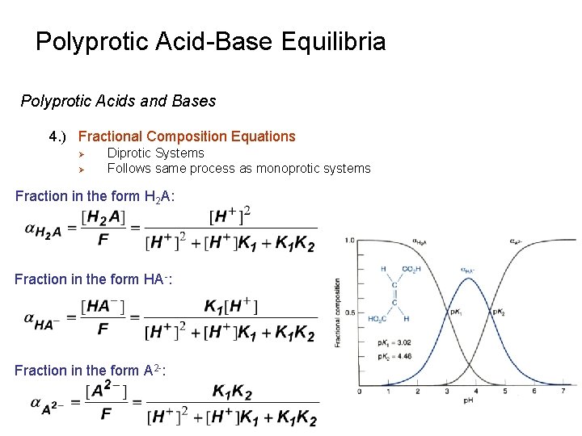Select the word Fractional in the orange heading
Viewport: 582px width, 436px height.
click(x=110, y=136)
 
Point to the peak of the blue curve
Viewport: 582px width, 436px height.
click(x=468, y=279)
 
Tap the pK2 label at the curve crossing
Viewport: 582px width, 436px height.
click(x=498, y=311)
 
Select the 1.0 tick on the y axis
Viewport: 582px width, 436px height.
click(x=350, y=241)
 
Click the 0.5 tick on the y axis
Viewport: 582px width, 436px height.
click(x=350, y=312)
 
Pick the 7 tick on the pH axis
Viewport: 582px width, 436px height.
click(x=563, y=392)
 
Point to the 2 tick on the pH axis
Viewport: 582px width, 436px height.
click(x=418, y=392)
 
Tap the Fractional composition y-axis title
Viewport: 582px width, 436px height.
click(x=338, y=312)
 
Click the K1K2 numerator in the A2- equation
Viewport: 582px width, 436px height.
click(x=232, y=392)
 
